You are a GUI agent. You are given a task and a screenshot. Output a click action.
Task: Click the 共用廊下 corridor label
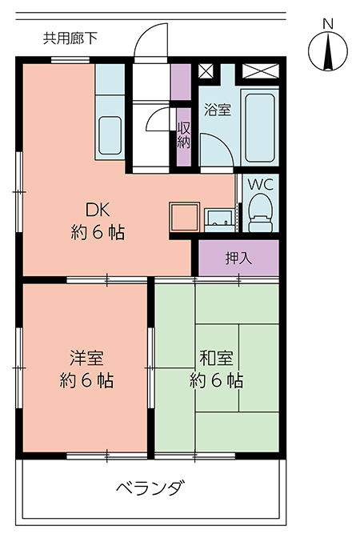coord(70,38)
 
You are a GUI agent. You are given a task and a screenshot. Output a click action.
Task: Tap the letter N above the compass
coord(328,24)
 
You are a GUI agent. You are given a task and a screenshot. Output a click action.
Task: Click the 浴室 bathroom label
coord(218,110)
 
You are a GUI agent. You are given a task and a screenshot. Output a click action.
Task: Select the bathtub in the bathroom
coord(260,127)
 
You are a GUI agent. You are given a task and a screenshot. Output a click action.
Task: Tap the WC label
coord(261,185)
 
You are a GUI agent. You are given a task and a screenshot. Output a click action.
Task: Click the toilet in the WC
coord(260,213)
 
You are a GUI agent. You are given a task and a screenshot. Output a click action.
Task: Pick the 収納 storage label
coord(184,134)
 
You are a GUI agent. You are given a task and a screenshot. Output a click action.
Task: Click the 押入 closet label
coord(238,258)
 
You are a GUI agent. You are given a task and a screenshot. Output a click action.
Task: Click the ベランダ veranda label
coord(151,488)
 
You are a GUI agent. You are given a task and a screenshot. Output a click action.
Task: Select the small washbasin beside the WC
coord(219,220)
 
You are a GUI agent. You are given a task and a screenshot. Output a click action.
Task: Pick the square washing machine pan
coord(185,217)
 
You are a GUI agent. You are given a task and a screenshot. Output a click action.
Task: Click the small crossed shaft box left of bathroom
coord(206,71)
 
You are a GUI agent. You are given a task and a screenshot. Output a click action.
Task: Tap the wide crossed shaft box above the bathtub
coord(261,71)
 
